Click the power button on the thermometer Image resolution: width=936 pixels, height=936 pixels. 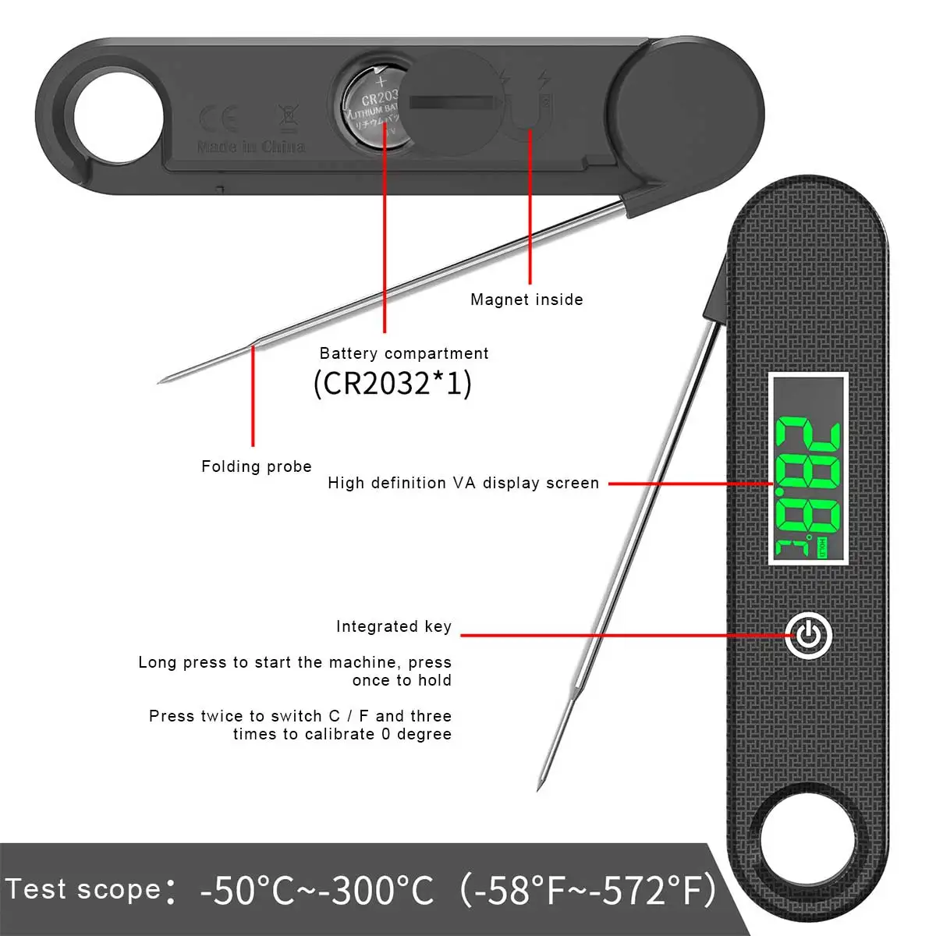(808, 636)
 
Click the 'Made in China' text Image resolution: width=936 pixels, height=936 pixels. (250, 147)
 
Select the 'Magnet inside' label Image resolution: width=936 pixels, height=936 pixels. (526, 300)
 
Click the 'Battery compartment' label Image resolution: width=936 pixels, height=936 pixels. (404, 353)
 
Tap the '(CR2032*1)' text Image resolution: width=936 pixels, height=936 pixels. (392, 384)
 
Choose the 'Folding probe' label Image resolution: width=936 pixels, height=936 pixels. (256, 466)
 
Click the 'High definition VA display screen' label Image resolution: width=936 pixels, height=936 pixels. (463, 483)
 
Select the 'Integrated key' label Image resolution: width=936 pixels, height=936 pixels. (394, 626)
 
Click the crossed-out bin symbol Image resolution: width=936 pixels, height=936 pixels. (288, 118)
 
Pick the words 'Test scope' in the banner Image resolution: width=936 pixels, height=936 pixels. (83, 889)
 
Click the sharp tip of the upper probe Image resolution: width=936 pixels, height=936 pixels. (160, 381)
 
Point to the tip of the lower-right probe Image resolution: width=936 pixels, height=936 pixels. (539, 789)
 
